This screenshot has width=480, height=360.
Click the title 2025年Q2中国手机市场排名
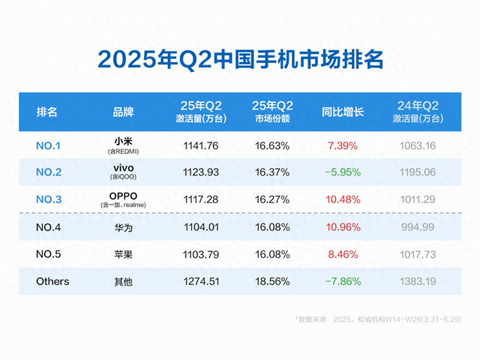(240, 59)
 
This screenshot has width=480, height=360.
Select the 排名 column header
(47, 112)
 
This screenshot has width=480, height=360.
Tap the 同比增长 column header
(343, 112)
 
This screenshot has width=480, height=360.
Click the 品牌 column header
(123, 112)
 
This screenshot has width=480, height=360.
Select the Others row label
(52, 281)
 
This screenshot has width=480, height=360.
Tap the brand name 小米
(123, 140)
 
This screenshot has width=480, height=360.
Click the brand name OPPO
(123, 196)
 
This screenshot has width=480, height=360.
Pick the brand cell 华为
(123, 227)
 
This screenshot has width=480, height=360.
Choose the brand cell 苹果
(123, 254)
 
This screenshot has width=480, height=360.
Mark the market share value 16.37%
(271, 172)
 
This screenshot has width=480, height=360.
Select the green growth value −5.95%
(343, 172)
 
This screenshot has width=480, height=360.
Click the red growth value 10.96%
(343, 227)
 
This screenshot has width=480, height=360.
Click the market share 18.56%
(271, 281)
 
